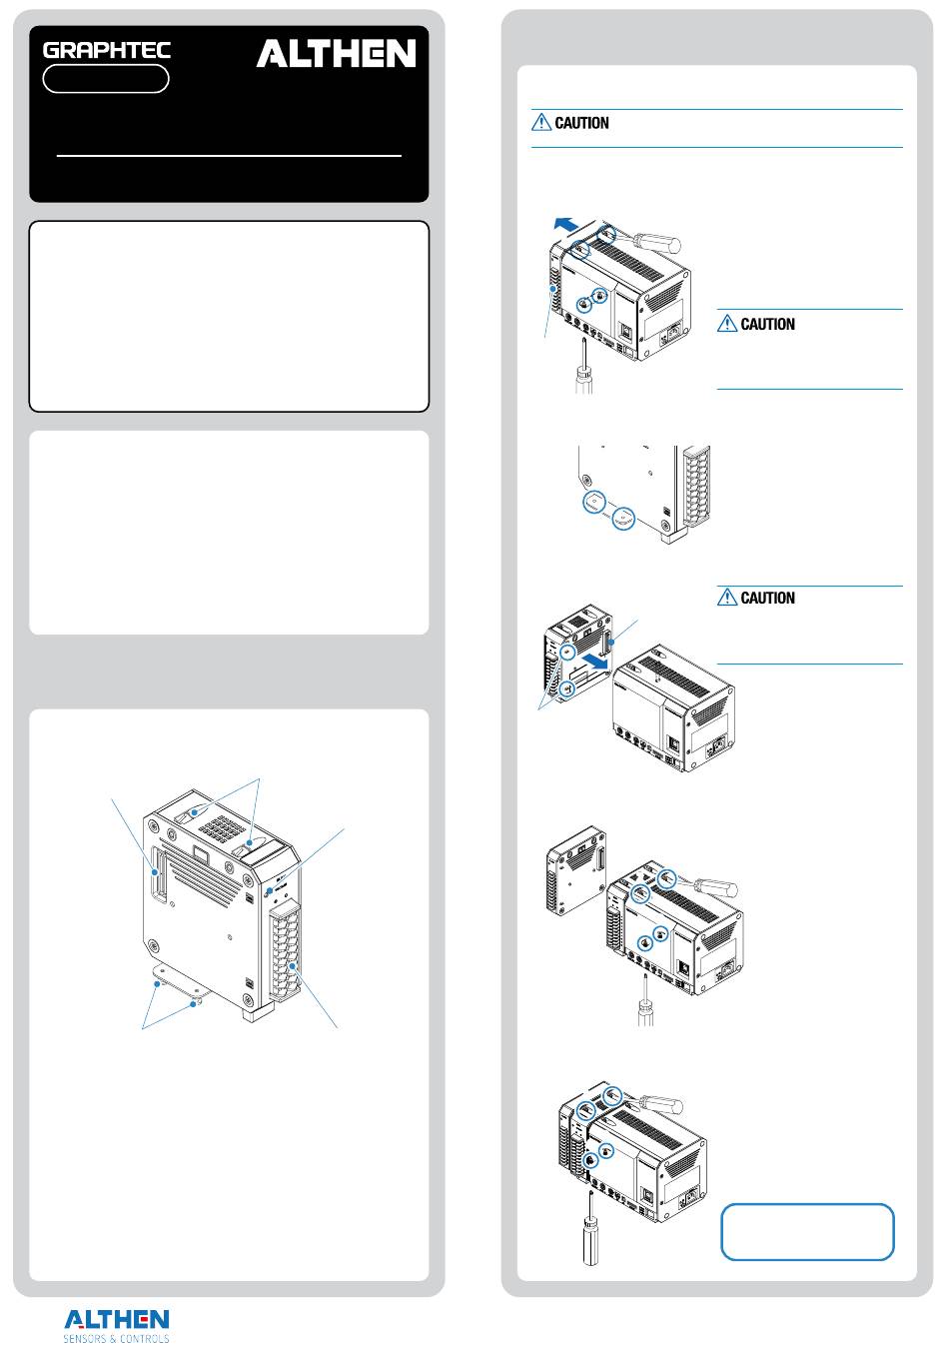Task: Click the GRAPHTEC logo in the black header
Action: click(107, 50)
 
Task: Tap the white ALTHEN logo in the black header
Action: click(336, 53)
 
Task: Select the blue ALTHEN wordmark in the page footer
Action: click(117, 1319)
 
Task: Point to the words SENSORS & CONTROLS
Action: click(117, 1339)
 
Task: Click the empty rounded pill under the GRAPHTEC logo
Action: click(106, 79)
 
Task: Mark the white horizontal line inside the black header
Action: click(229, 156)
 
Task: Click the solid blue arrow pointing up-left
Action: click(565, 225)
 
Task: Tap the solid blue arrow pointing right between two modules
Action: click(597, 661)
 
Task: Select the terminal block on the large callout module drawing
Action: click(286, 952)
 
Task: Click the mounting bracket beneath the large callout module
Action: click(181, 982)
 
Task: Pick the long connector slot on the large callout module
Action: click(158, 874)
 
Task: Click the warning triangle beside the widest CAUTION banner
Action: click(541, 123)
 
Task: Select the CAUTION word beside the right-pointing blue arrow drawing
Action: click(767, 599)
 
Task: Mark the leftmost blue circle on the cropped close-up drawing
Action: click(593, 503)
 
